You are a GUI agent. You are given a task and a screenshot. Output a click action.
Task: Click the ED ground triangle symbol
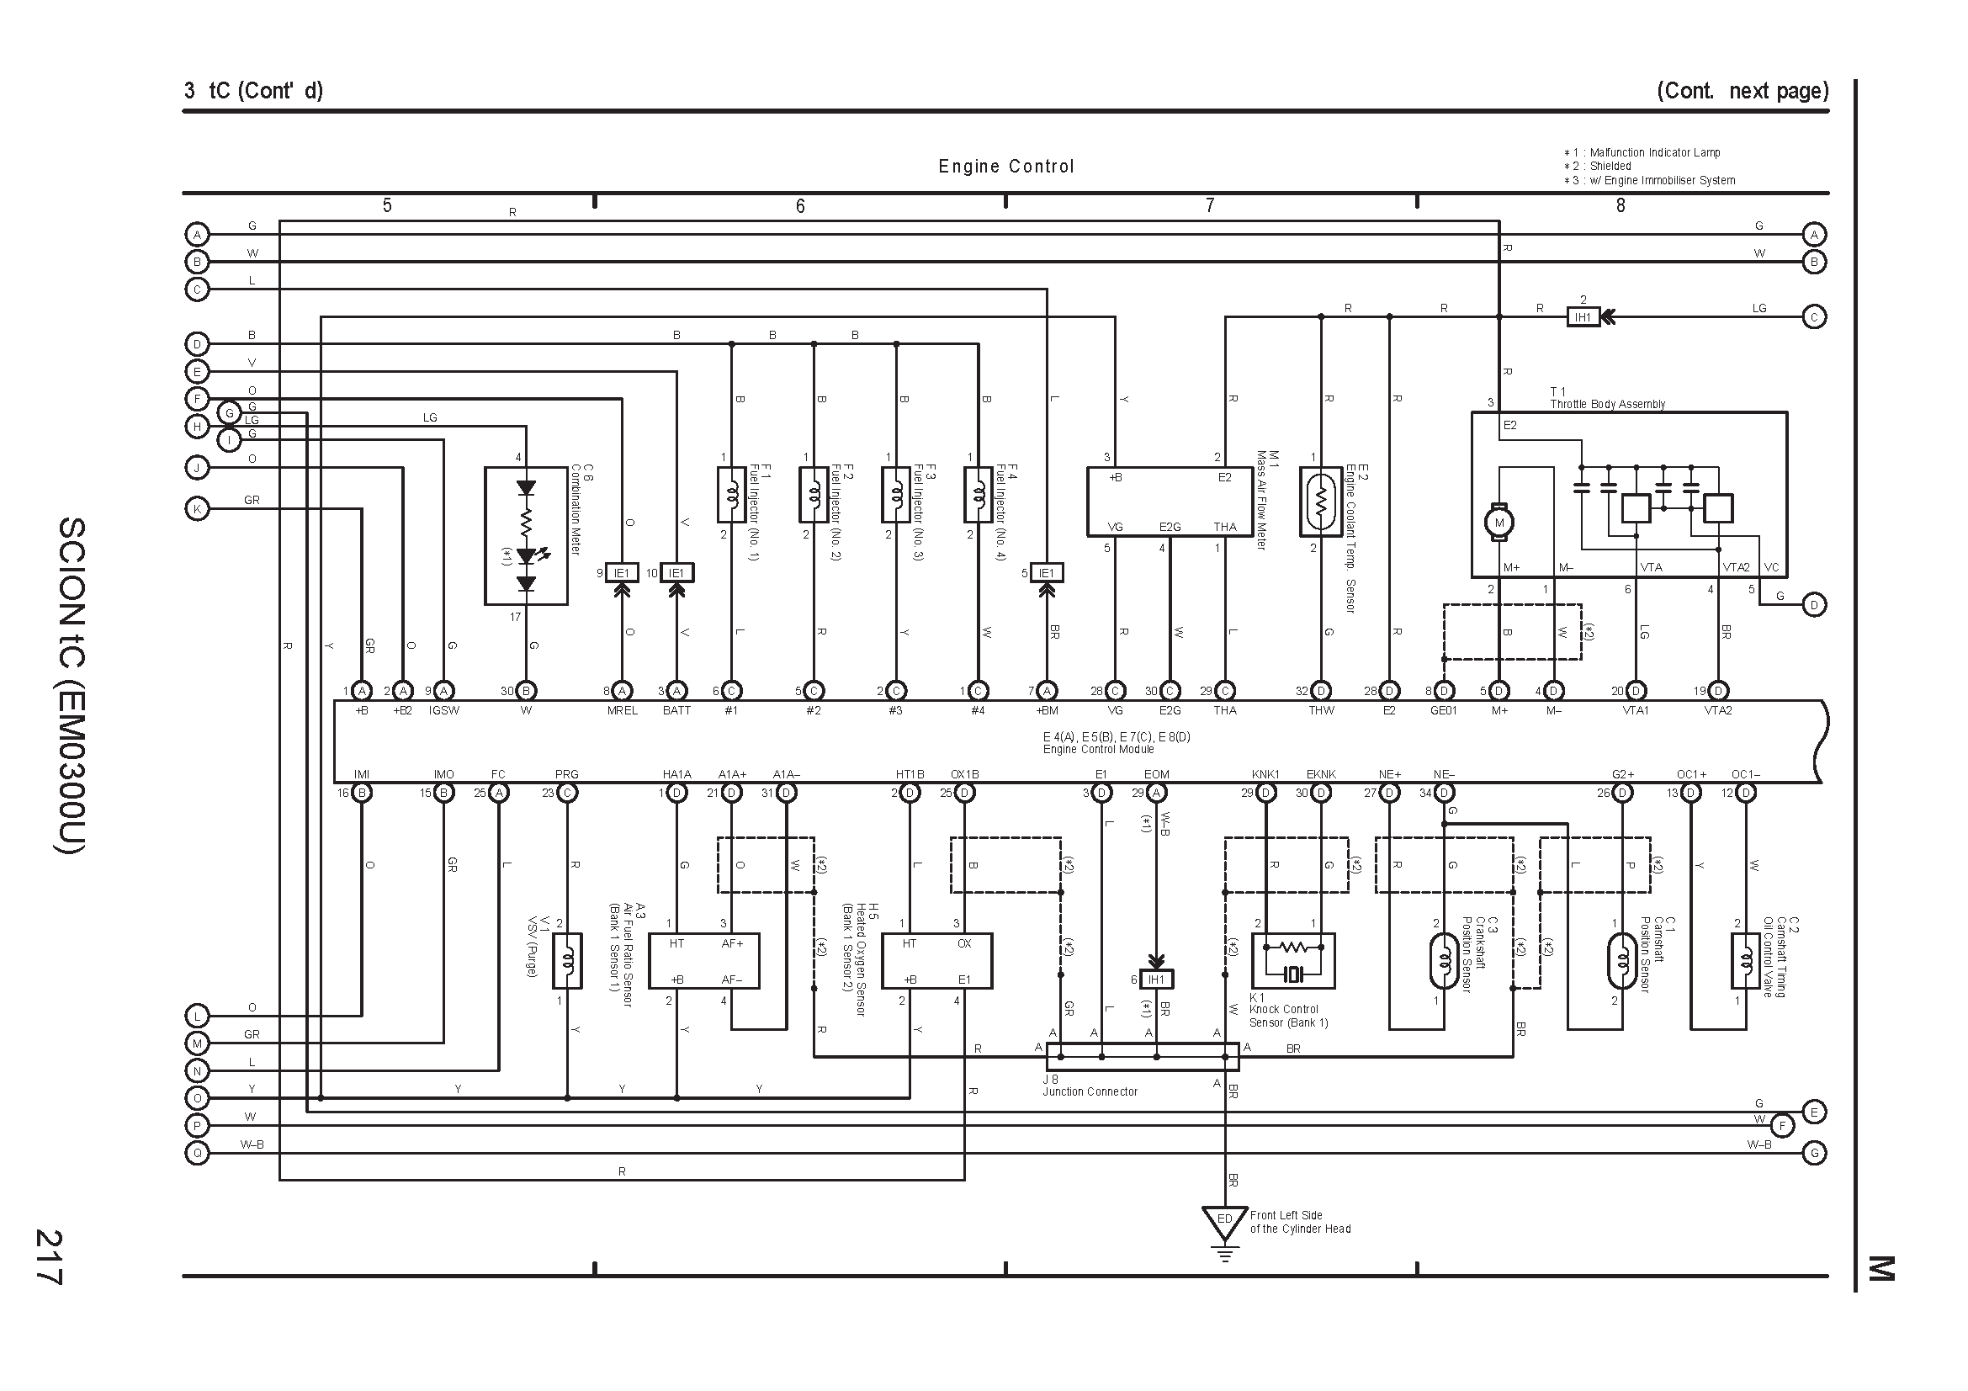[x=1225, y=1223]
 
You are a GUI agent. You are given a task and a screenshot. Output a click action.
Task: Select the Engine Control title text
[x=1006, y=167]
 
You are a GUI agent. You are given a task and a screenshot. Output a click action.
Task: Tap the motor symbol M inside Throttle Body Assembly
[x=1499, y=523]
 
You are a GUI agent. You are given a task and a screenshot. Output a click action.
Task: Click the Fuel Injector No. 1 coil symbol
[x=731, y=495]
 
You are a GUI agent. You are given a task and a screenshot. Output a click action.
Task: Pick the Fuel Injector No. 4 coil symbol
[x=978, y=495]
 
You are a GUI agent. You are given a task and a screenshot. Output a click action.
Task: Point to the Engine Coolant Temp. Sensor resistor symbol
[x=1321, y=501]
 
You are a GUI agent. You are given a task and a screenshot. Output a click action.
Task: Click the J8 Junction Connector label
[x=1090, y=1086]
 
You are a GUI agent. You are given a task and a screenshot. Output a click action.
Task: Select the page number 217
[x=48, y=1257]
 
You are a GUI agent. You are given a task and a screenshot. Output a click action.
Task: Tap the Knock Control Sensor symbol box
[x=1293, y=961]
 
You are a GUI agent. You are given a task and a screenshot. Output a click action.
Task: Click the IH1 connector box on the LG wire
[x=1583, y=317]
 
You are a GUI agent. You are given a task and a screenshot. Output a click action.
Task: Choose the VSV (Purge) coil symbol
[x=567, y=961]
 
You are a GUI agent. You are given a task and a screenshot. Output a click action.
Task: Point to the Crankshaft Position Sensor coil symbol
[x=1445, y=961]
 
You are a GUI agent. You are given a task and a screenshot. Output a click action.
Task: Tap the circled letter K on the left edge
[x=197, y=509]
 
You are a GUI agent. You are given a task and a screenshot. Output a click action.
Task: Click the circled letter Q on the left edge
[x=197, y=1154]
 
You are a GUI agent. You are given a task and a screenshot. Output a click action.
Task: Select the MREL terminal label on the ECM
[x=623, y=710]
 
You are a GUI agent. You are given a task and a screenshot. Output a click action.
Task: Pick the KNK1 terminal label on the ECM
[x=1266, y=775]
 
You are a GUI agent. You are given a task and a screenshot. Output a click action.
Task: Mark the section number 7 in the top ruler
[x=1210, y=205]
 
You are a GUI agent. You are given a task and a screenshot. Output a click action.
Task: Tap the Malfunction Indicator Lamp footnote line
[x=1642, y=152]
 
